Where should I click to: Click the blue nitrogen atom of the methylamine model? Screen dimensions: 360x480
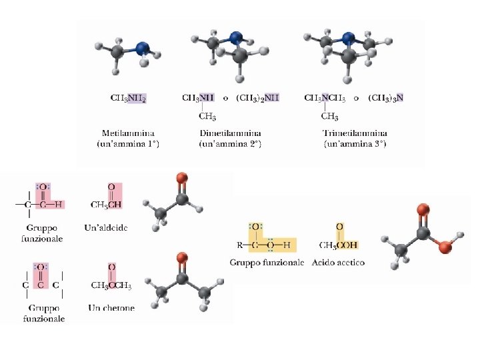coord(142,49)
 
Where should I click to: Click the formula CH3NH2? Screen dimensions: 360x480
coord(128,97)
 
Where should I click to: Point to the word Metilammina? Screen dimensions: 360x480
coord(128,133)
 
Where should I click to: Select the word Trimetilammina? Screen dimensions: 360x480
coord(355,133)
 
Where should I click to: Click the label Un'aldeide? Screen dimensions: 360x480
coord(106,228)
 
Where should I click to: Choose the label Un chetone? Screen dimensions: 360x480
coord(111,308)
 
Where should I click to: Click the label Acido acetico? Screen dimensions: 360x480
coord(338,263)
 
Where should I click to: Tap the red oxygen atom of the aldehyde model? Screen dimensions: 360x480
coord(181,178)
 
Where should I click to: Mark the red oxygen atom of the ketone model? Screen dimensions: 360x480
coord(181,257)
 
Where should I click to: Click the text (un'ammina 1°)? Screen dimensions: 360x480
coord(128,143)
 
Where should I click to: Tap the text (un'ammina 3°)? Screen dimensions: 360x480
coord(355,143)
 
